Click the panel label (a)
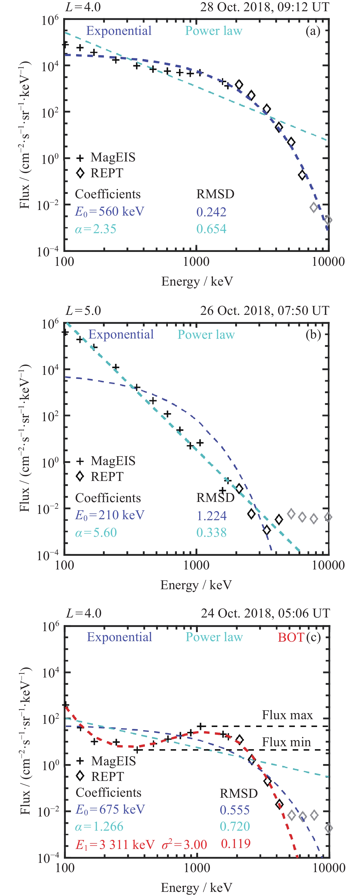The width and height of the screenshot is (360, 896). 313,31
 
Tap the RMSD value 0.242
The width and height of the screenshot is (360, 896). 211,212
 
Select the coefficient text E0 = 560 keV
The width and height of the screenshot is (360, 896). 110,211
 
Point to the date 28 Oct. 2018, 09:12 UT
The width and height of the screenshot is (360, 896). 264,7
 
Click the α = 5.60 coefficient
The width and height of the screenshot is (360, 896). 96,533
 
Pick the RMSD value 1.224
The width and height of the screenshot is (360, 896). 211,516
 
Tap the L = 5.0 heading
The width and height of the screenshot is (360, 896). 83,311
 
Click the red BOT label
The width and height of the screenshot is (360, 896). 291,637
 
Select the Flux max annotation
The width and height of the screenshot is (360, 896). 287,715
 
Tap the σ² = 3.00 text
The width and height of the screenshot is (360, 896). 184,845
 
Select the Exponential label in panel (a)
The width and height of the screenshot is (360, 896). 119,31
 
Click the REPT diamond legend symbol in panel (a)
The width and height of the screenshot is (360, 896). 80,173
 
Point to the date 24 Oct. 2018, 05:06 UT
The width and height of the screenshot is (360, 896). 265,613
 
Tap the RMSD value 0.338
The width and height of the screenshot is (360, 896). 211,533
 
